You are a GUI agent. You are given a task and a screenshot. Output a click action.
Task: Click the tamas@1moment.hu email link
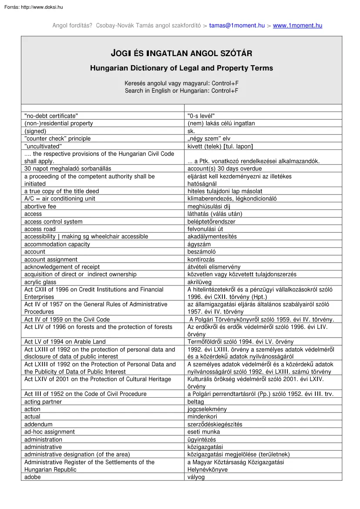237,26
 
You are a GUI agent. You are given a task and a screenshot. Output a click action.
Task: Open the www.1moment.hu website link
297,26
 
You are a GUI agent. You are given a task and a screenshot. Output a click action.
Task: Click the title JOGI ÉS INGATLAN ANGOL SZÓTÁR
181,54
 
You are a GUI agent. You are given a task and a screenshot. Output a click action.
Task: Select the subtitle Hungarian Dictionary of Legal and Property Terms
181,68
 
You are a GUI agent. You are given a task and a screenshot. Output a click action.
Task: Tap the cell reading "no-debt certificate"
51,116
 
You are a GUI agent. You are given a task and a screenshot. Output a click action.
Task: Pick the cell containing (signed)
35,131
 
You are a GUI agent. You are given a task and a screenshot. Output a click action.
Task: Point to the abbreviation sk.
191,131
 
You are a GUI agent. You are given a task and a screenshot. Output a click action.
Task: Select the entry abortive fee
40,206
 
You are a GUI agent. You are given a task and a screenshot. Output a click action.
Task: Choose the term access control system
53,221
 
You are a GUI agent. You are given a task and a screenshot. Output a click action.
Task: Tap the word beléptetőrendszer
212,221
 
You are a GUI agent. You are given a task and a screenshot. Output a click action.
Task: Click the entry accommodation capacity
57,244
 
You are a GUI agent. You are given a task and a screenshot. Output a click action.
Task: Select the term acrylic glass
41,282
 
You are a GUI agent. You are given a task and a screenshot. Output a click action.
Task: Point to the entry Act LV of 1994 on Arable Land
65,342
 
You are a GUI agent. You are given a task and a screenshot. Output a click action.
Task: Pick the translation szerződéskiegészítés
215,424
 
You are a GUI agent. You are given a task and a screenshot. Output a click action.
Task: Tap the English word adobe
33,477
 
